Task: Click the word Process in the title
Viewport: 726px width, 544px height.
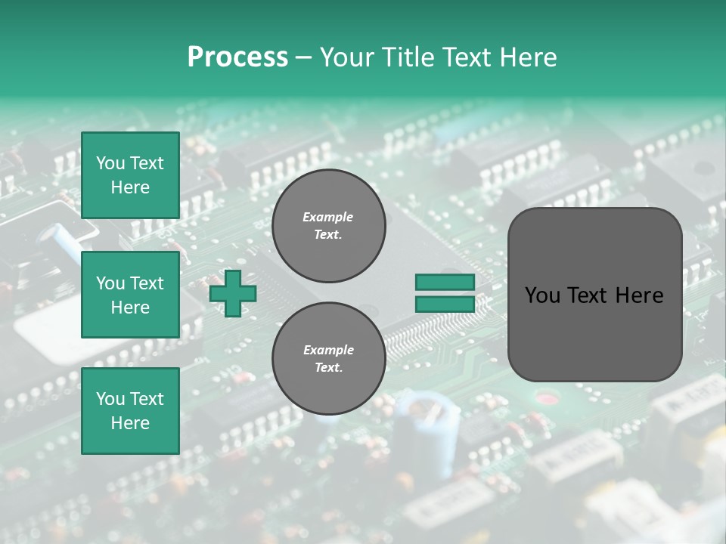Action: (237, 57)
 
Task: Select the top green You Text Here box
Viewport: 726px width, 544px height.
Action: (130, 175)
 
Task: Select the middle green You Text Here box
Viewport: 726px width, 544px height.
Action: (130, 295)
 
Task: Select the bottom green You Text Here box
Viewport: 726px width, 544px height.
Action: (130, 410)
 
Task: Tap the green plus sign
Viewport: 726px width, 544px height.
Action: (233, 293)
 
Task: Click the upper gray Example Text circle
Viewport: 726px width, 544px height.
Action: (328, 226)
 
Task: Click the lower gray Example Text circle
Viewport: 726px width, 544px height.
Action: (328, 358)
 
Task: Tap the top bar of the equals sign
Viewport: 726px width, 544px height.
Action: (445, 283)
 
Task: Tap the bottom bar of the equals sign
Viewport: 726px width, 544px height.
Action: (445, 304)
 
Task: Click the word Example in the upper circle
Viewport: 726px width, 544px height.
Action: (328, 217)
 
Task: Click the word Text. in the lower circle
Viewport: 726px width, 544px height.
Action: (328, 368)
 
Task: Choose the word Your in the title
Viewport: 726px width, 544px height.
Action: (345, 57)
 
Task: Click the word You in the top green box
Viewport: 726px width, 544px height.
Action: (110, 163)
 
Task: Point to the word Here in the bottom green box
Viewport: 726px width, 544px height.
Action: (130, 423)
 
